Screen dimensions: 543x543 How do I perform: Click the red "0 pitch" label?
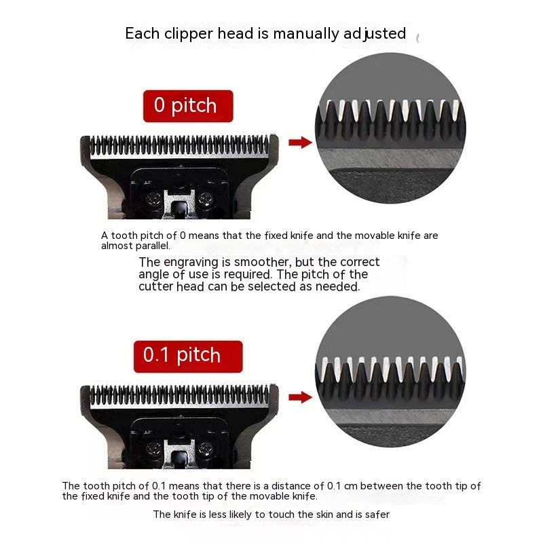click(x=188, y=106)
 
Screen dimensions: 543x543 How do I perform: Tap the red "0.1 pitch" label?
click(x=188, y=356)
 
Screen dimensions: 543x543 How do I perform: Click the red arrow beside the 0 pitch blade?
click(x=300, y=142)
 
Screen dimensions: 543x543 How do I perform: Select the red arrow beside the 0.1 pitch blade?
click(x=300, y=397)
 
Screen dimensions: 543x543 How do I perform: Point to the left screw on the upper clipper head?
click(x=153, y=199)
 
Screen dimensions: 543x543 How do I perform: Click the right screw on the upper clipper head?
click(x=206, y=199)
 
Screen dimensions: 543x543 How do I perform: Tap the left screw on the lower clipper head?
click(x=153, y=449)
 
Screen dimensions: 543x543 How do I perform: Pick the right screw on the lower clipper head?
click(x=206, y=449)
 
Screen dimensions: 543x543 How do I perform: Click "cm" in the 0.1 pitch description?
click(x=350, y=486)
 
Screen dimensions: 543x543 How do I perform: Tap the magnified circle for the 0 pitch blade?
click(x=391, y=128)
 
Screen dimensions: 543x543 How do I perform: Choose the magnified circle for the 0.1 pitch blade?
click(x=391, y=371)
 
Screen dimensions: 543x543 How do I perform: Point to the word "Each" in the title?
click(x=143, y=34)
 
